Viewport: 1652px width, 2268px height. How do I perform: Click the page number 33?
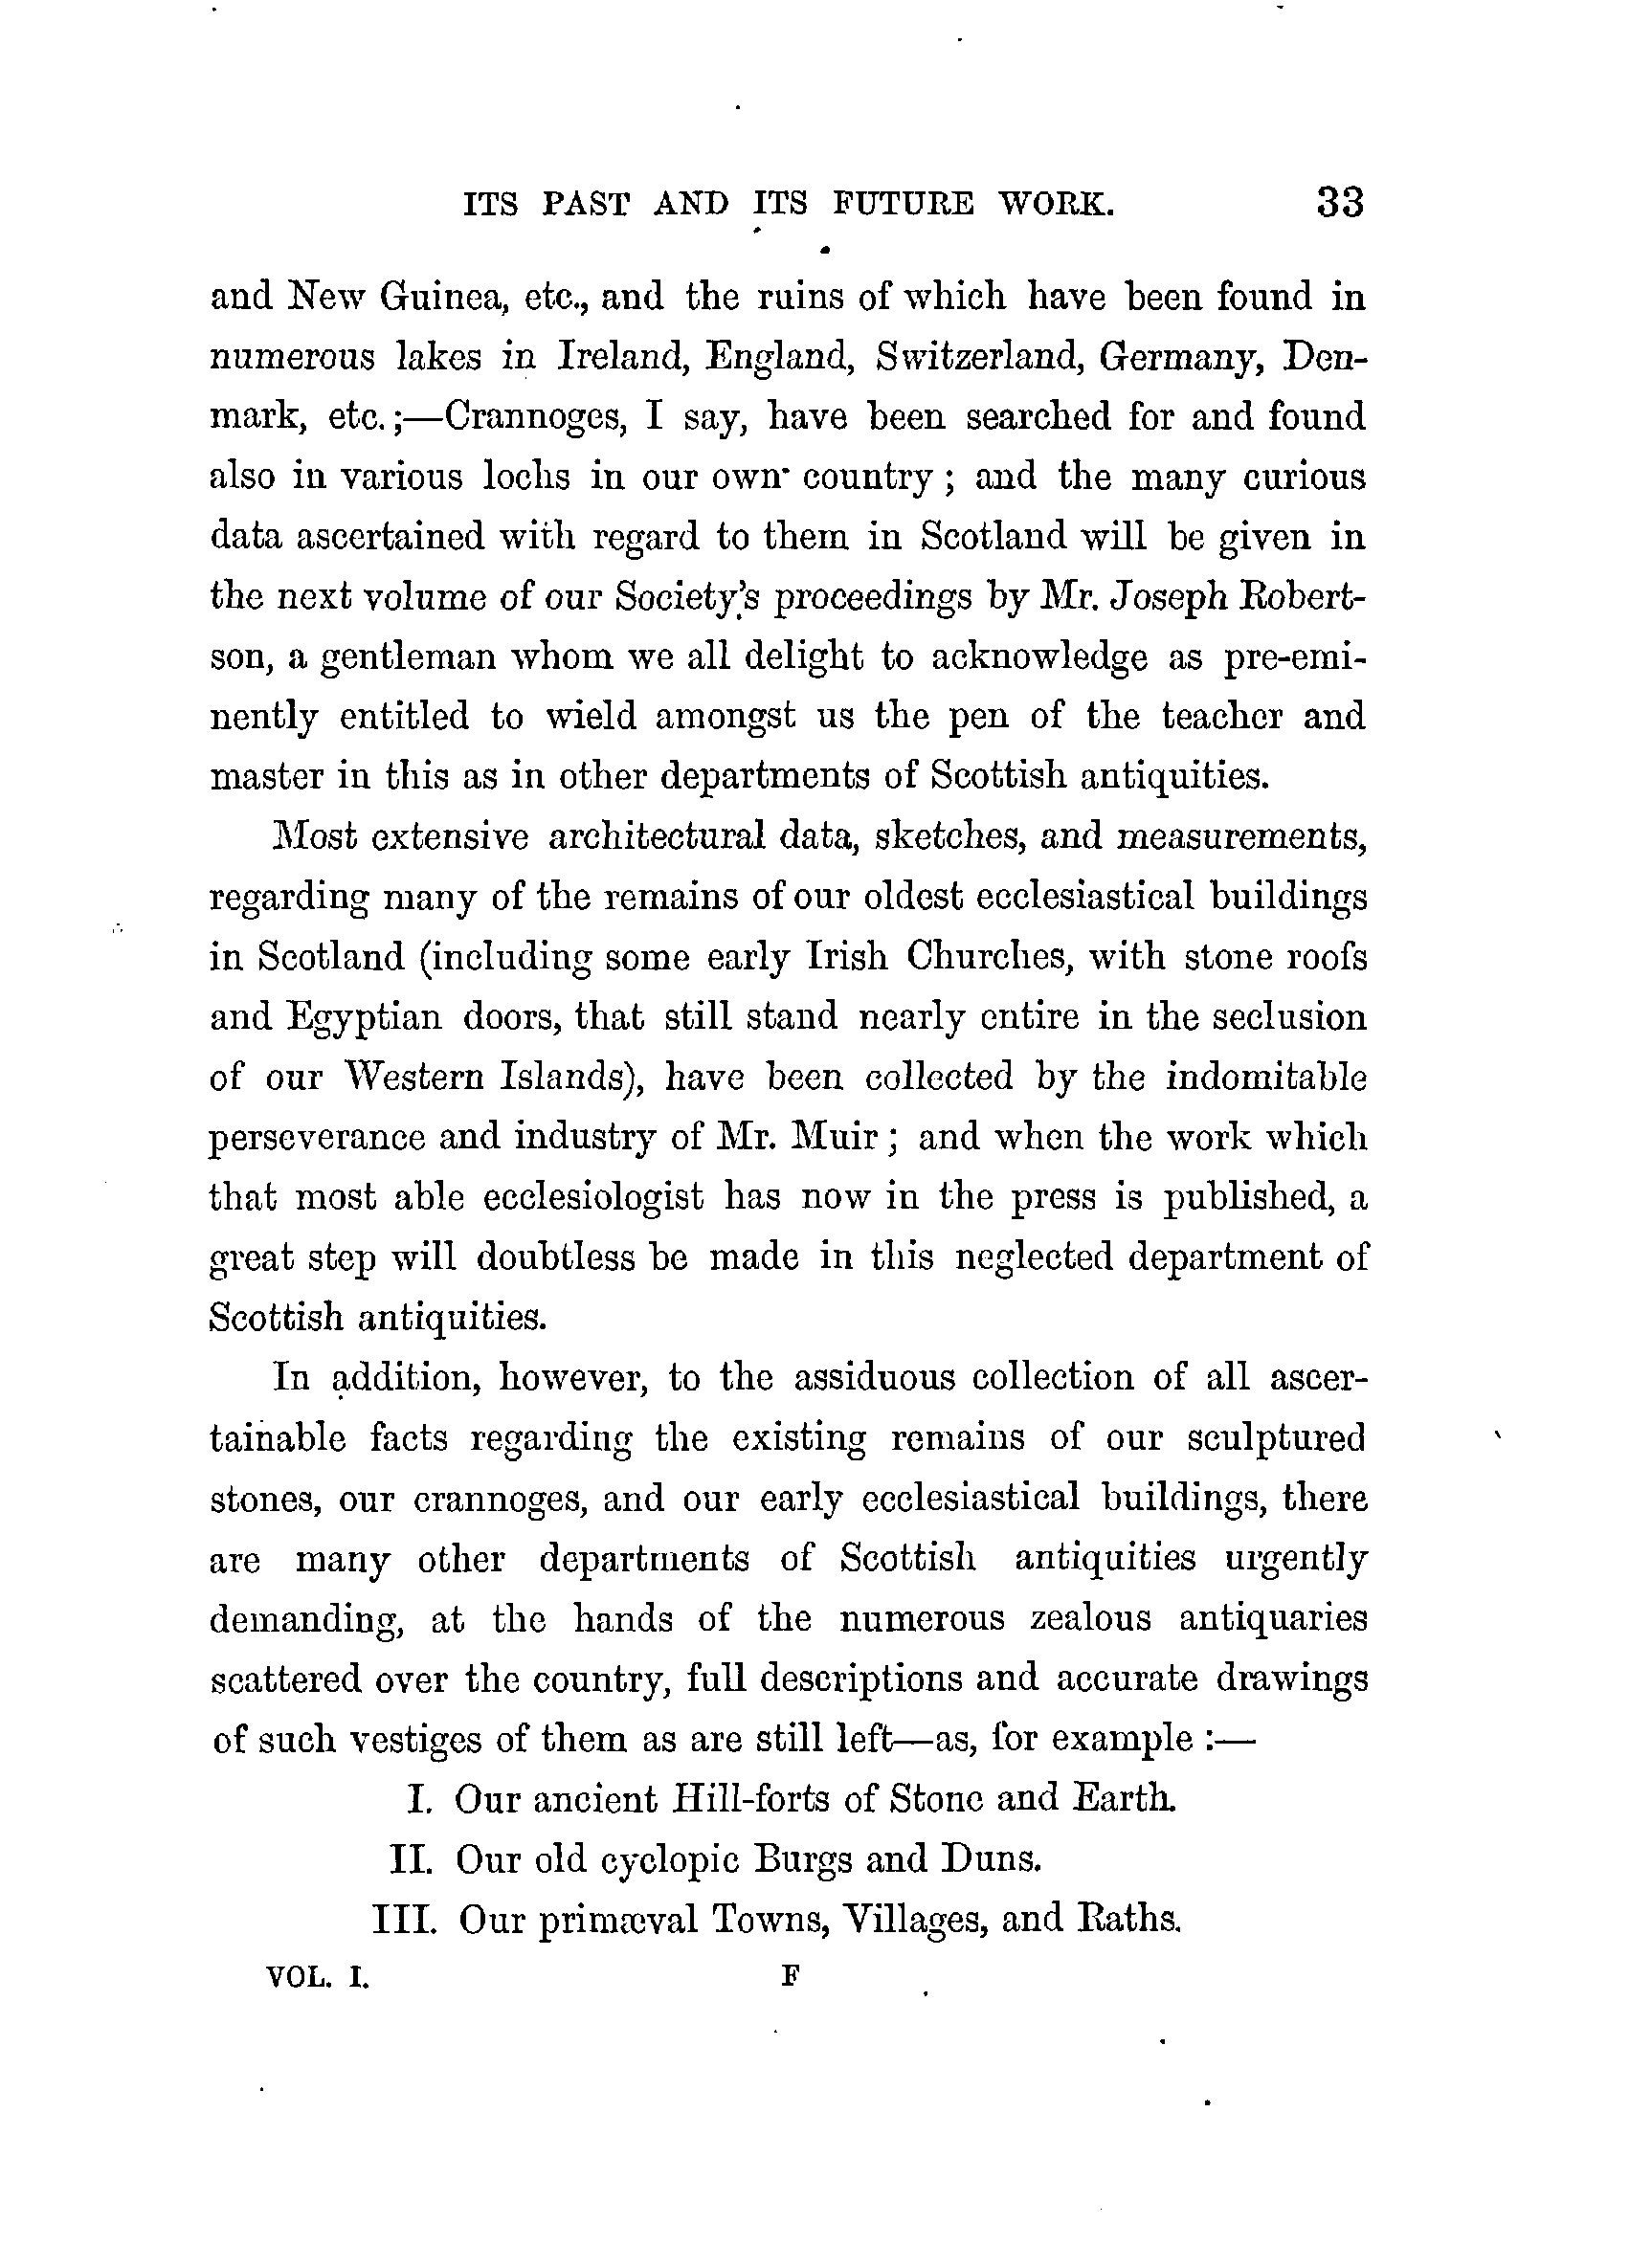click(1340, 203)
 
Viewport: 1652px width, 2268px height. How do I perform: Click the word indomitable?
click(1266, 1077)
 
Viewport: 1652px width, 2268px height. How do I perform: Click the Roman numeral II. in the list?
click(410, 1859)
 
